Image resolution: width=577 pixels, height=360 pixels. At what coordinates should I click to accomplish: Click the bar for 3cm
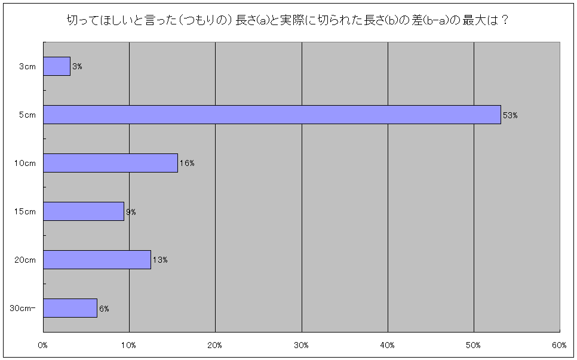coord(57,66)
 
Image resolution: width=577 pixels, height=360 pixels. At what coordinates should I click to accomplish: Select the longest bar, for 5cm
coord(272,115)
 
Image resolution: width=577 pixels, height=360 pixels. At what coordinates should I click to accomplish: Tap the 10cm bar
coord(111,163)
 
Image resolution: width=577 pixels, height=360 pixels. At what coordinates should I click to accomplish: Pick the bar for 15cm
coord(84,211)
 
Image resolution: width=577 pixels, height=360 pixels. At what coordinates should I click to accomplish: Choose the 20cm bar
coord(97,260)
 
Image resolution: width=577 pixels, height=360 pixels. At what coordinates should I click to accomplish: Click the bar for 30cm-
coord(70,308)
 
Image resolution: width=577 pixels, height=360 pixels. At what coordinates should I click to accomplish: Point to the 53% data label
coord(510,115)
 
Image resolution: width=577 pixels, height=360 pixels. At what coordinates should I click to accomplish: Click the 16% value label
coord(187,164)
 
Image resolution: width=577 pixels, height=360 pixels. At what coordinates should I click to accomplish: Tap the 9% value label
coord(131,212)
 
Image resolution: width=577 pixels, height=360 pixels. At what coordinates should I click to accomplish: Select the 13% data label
coord(159,260)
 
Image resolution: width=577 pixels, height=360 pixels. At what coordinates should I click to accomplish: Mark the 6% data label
coord(104,309)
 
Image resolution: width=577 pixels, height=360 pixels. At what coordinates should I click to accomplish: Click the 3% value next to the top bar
coord(77,67)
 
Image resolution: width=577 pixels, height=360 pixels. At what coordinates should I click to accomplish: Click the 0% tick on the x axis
coord(43,345)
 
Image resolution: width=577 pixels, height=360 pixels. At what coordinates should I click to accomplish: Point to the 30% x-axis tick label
coord(302,345)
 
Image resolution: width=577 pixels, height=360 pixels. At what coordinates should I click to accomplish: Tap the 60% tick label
coord(560,345)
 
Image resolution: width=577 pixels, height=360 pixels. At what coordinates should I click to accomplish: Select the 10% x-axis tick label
coord(129,345)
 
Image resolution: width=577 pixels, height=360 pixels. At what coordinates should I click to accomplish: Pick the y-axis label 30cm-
coord(23,309)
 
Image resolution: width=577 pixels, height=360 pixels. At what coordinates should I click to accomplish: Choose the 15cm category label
coord(26,212)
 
